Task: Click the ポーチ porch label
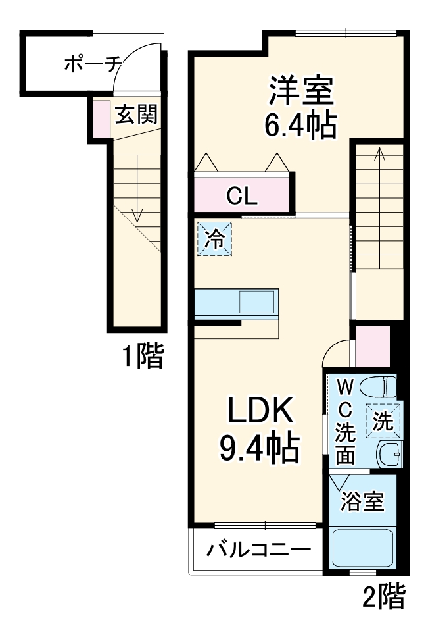coord(92,64)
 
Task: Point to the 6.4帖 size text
coord(300,124)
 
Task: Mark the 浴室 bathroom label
coord(362,502)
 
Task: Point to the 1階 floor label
coord(143,357)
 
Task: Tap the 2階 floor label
coord(383,597)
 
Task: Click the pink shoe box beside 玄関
coord(101,118)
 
